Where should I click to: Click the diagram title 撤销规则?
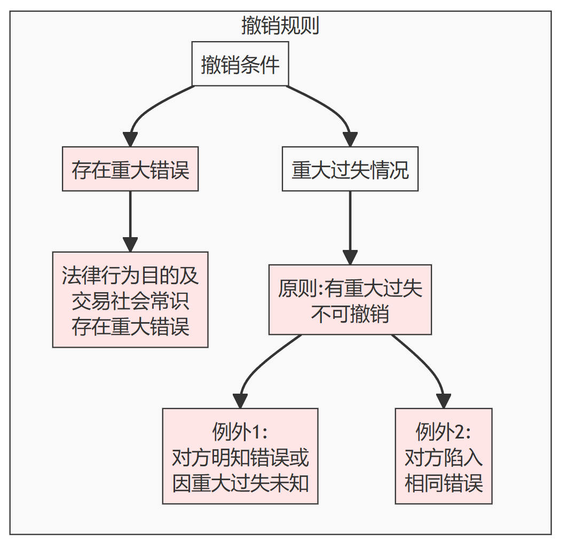(280, 25)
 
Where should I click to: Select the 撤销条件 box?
(240, 64)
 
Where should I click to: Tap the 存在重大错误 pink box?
(130, 169)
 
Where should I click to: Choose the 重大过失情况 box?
(350, 169)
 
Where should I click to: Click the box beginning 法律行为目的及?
(130, 300)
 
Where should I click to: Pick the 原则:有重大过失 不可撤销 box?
(350, 300)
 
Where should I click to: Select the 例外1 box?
(240, 456)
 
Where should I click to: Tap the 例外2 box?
(444, 456)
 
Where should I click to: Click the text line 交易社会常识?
(130, 301)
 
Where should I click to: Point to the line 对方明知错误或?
(240, 457)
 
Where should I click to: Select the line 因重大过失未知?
(240, 483)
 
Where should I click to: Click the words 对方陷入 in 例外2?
(444, 457)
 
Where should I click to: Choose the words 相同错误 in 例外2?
(444, 483)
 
